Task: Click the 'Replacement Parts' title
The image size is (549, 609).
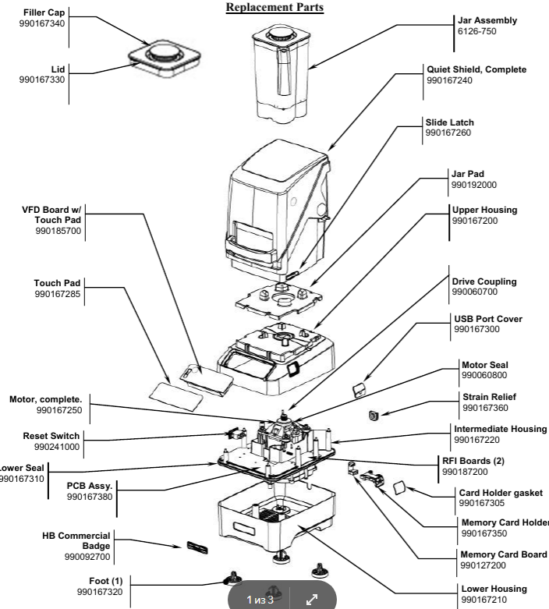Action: [x=274, y=8]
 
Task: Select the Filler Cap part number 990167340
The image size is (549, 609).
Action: [x=41, y=24]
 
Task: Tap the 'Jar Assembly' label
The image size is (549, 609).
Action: [x=485, y=20]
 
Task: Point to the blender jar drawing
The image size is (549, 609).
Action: [x=282, y=71]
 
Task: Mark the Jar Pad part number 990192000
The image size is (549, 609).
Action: [x=474, y=185]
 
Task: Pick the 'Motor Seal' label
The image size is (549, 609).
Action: [x=485, y=363]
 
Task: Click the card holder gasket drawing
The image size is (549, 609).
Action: [x=398, y=489]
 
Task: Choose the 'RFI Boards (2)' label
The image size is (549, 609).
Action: [x=473, y=461]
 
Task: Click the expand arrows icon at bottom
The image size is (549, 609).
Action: [x=311, y=600]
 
